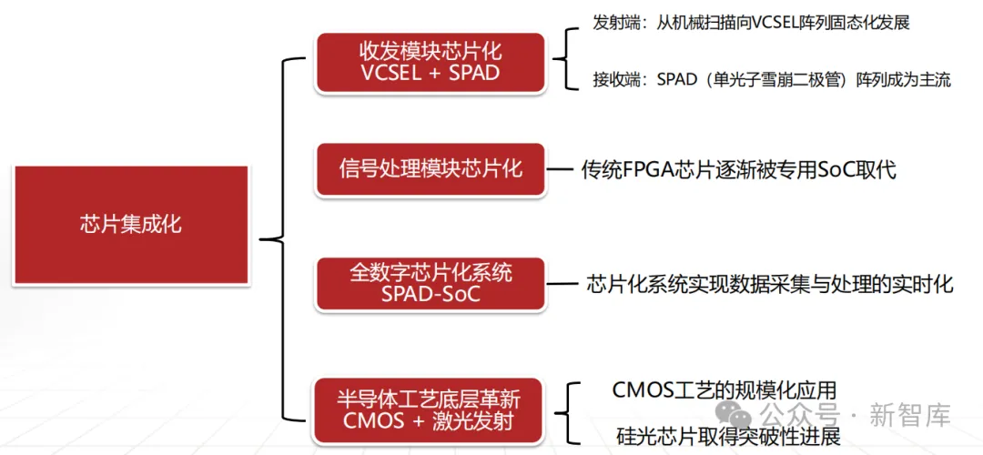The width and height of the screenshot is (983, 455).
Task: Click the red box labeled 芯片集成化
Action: [x=130, y=224]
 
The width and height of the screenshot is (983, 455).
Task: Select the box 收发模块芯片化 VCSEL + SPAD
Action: [x=430, y=61]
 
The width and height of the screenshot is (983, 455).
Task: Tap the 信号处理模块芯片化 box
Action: [x=430, y=169]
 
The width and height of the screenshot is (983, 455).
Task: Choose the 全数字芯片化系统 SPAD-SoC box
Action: [x=430, y=283]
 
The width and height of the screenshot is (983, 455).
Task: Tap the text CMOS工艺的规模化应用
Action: [x=725, y=389]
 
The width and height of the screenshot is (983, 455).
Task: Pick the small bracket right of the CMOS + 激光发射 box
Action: [x=572, y=411]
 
